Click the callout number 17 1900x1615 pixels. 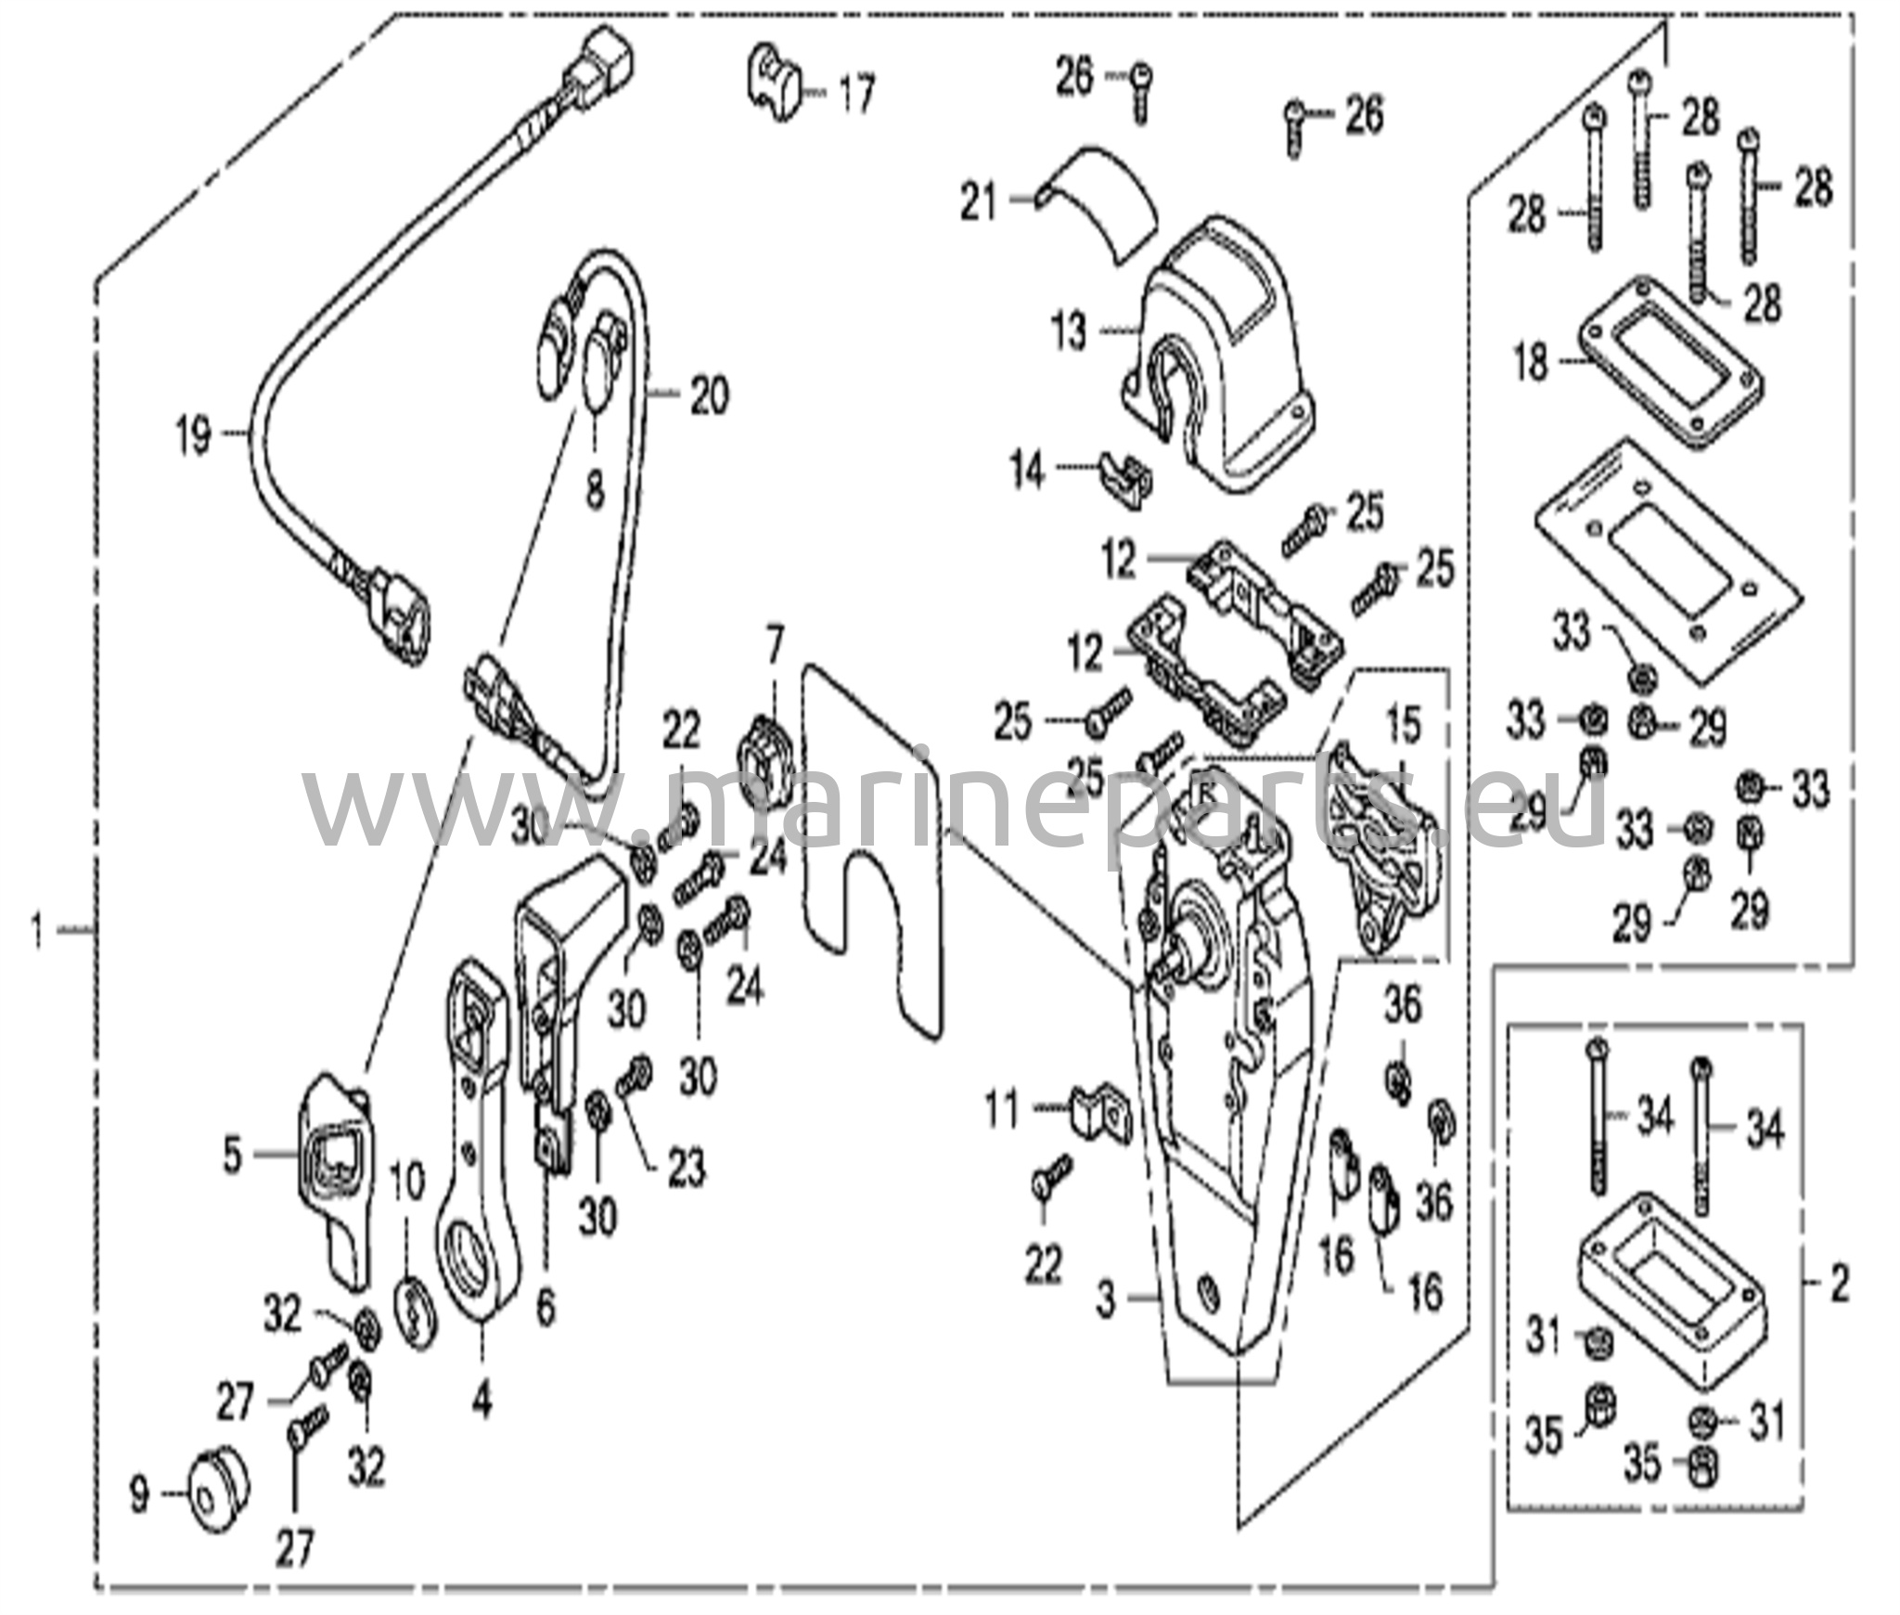855,94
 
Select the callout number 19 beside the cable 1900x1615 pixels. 194,437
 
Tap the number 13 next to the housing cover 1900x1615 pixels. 1070,332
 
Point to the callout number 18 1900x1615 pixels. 1531,362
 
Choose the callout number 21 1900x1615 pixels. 978,202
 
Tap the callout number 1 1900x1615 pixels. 38,930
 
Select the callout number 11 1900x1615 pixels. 1002,1111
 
